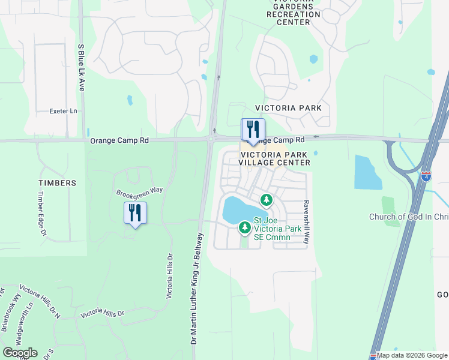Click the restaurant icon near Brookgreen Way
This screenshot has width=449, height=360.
(x=135, y=213)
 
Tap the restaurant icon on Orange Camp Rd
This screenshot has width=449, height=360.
(x=253, y=129)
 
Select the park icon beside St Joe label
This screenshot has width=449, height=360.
(x=244, y=227)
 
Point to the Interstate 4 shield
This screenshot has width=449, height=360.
(x=426, y=176)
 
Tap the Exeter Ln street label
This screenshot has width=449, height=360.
(x=64, y=111)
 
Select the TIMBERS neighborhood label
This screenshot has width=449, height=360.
(x=58, y=183)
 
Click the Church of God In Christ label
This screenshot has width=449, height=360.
(x=408, y=217)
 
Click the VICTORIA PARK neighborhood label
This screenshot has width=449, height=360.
(x=288, y=108)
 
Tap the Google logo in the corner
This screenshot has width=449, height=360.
(x=20, y=353)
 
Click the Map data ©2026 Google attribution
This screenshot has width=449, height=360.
(x=412, y=355)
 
